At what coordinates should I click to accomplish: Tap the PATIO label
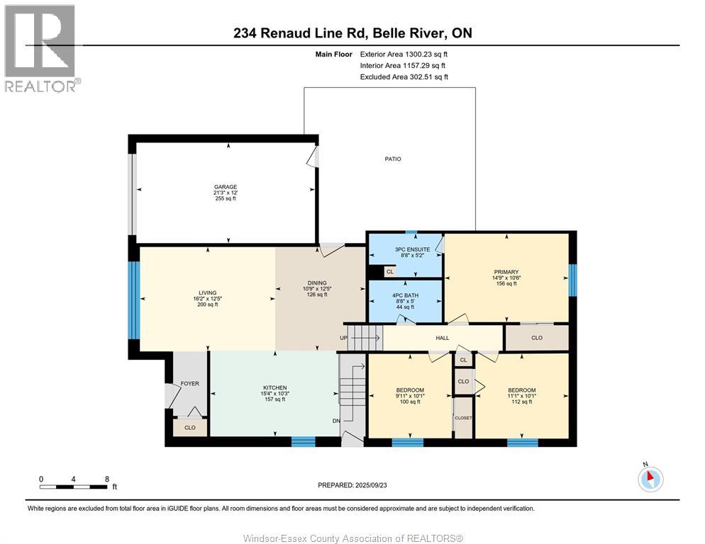coord(393,159)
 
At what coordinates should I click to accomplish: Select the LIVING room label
coord(207,293)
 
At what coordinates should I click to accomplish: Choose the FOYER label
coord(190,383)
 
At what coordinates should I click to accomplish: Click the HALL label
coord(443,338)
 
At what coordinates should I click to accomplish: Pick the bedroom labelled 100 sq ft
coord(410,396)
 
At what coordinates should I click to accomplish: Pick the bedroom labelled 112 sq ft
coord(521,396)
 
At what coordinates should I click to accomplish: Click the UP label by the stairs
coord(344,338)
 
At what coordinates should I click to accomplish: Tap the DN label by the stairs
coord(335,421)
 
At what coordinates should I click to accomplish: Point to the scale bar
coord(74,486)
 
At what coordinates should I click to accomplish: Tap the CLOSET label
coord(463,418)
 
